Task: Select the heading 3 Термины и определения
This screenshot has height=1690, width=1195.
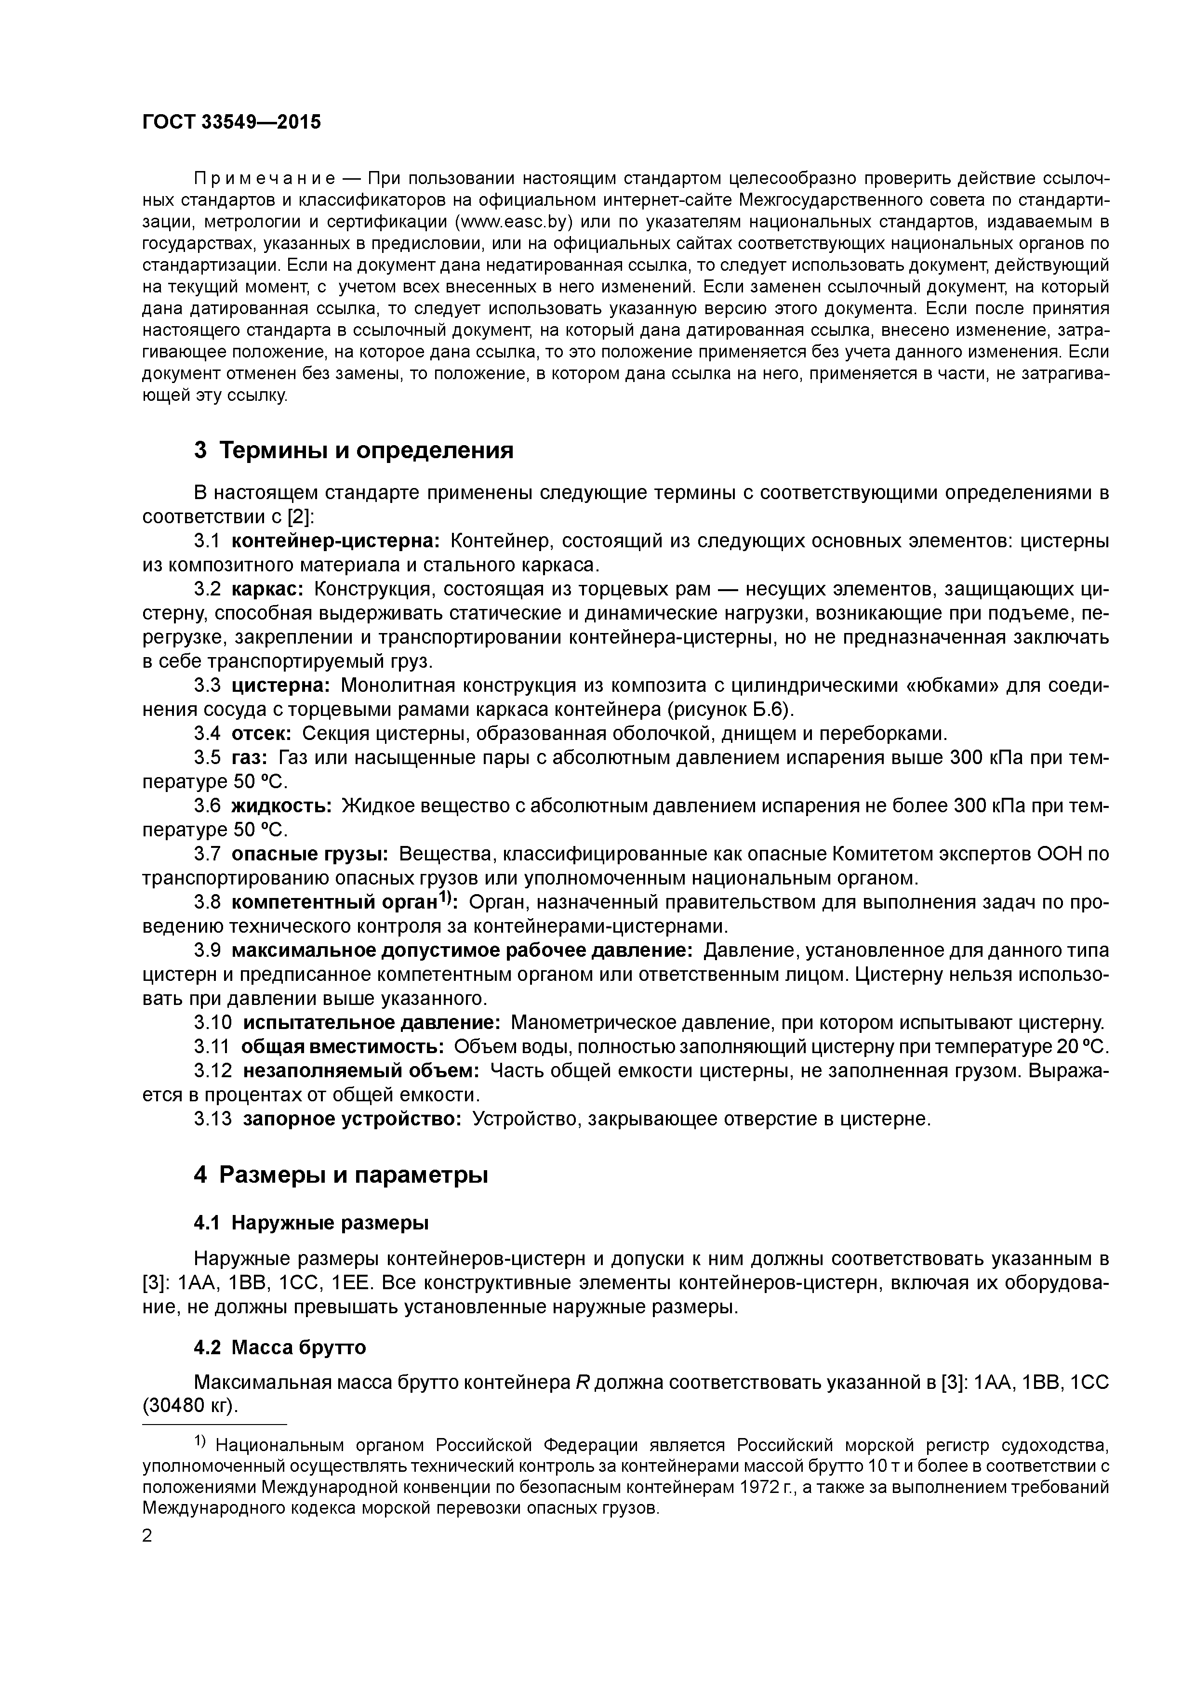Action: point(353,450)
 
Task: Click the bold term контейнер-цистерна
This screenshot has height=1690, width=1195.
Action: point(335,541)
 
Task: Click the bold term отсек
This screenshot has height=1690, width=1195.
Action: point(261,734)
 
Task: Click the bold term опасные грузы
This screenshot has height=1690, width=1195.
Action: point(310,855)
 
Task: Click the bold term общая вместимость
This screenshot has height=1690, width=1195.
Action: point(343,1047)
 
